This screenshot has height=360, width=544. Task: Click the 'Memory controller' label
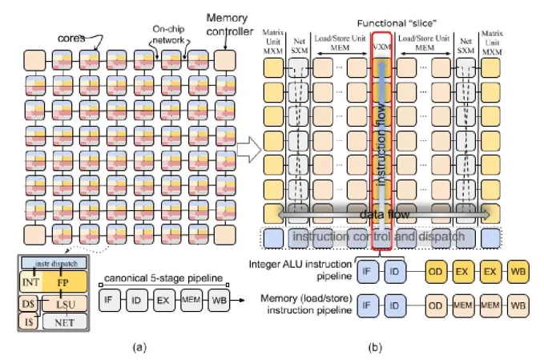[x=229, y=23]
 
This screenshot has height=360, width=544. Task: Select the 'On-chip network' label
[x=168, y=33]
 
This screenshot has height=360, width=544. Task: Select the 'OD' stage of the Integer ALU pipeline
[x=435, y=270]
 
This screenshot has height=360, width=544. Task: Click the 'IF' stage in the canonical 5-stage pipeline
[x=111, y=301]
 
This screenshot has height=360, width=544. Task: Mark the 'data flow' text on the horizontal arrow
[x=381, y=215]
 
